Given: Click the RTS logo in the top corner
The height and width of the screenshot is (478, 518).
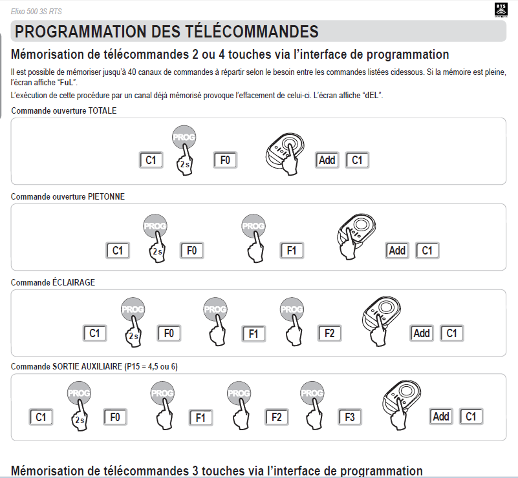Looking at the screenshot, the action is [501, 10].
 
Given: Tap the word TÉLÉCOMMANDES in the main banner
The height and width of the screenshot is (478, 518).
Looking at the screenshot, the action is [252, 32].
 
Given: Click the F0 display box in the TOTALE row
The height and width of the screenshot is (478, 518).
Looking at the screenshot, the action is [225, 160].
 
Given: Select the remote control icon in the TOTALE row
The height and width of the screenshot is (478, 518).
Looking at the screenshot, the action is [285, 153].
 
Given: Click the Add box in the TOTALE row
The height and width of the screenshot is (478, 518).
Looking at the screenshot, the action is [327, 160].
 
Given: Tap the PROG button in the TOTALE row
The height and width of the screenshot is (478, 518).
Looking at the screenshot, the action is [184, 137].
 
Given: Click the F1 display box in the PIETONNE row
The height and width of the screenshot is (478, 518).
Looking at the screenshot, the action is [292, 251].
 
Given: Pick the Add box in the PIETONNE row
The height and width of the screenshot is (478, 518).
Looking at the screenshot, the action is [397, 251].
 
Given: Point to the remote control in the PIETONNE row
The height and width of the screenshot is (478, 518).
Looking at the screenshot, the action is [356, 236].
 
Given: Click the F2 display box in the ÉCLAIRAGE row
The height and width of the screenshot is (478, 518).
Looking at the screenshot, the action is [329, 333].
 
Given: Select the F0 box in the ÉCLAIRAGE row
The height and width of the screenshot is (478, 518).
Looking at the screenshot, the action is [169, 333].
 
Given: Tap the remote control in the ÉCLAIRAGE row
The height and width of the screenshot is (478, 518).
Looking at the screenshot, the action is [382, 320].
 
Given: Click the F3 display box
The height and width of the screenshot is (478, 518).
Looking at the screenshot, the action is [349, 417].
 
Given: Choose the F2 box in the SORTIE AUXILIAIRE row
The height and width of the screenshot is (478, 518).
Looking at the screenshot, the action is [277, 417].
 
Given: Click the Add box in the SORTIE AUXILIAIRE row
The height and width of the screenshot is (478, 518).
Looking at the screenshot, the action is [440, 417].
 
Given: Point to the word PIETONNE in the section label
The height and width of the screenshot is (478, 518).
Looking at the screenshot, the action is [106, 196].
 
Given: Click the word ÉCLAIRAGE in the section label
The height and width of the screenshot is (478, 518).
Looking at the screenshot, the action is [74, 282].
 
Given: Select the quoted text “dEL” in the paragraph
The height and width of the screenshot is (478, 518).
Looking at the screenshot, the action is [372, 96].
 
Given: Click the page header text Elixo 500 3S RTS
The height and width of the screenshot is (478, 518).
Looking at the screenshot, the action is [36, 12].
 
